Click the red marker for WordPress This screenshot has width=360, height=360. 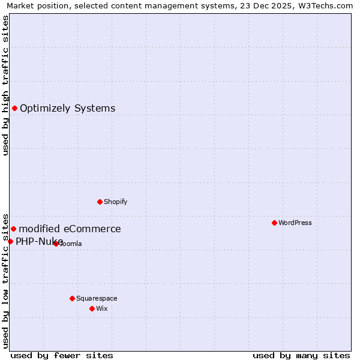(274, 223)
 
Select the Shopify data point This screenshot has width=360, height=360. (100, 202)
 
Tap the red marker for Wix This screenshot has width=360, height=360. (92, 308)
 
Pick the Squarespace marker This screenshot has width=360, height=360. (72, 298)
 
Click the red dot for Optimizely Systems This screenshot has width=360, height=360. (14, 108)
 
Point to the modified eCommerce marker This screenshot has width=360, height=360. (13, 229)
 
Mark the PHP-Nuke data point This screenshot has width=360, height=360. (10, 241)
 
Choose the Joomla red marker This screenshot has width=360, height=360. (56, 244)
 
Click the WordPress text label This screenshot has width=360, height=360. (295, 223)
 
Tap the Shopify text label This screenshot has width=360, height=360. (116, 202)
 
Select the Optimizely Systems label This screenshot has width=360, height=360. (68, 109)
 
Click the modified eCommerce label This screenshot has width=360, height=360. (70, 229)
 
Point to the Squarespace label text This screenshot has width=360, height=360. (97, 298)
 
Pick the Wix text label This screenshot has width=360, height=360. (102, 308)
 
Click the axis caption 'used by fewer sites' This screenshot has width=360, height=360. (62, 355)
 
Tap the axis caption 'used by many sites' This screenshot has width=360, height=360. (301, 355)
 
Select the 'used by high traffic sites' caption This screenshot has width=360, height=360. (5, 85)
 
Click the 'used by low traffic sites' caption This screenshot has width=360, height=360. (5, 280)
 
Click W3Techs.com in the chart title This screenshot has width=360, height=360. (327, 5)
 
